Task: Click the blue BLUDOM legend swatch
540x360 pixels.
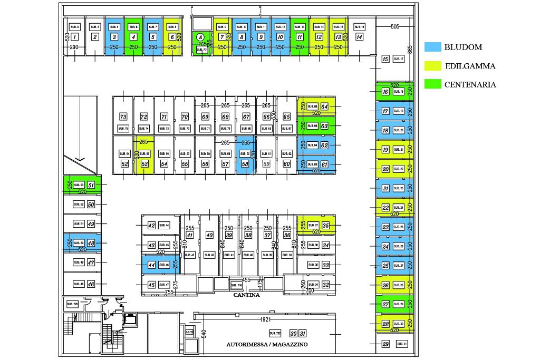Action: tap(432, 47)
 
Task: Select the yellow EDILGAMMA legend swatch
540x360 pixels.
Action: tap(432, 66)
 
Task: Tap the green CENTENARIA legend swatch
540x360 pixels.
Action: tap(432, 84)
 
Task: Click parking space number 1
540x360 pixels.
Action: tap(74, 37)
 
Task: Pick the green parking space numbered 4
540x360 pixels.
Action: tap(134, 36)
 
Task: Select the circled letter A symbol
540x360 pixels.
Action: tap(200, 37)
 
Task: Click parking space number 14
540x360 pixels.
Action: tap(359, 37)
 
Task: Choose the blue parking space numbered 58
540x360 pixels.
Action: tap(245, 164)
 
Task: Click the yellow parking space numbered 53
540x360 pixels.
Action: tap(144, 164)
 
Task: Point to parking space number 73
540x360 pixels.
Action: tap(123, 116)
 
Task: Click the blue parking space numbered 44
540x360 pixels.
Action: tap(151, 265)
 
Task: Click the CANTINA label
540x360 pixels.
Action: tap(246, 295)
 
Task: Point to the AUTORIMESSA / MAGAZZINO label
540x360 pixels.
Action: tap(267, 344)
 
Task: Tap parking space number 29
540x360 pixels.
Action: tap(385, 344)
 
